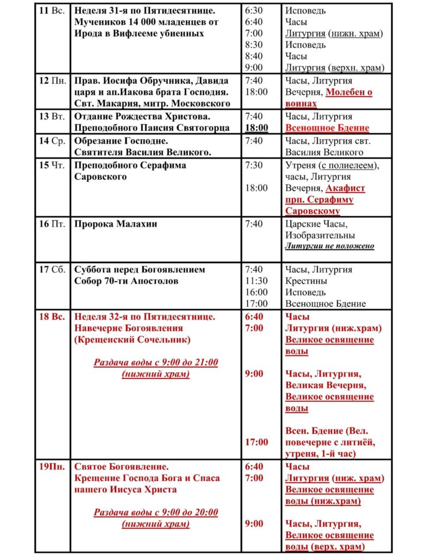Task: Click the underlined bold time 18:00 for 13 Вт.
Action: (x=256, y=128)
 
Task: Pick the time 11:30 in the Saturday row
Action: (x=256, y=281)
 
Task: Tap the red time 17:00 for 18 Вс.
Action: (x=256, y=442)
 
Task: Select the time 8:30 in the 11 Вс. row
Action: (x=254, y=45)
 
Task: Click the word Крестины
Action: (x=306, y=281)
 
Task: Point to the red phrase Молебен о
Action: (x=349, y=92)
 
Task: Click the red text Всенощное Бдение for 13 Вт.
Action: (x=327, y=128)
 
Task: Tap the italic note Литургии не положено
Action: (x=330, y=246)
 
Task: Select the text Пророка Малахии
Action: (x=116, y=224)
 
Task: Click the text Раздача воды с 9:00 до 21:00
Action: (x=156, y=362)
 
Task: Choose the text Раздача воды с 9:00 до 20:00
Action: (x=156, y=512)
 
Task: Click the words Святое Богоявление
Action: (x=121, y=466)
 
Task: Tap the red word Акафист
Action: (x=345, y=188)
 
